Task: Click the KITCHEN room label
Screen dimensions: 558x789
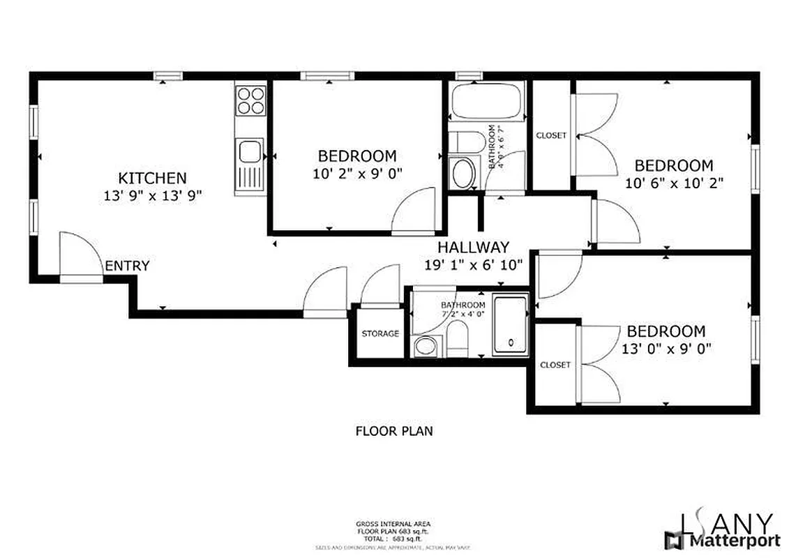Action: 151,178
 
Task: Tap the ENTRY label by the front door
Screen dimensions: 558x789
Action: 127,265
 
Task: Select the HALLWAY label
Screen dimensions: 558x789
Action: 472,247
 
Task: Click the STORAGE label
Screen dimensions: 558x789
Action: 380,333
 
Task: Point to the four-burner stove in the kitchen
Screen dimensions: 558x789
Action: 250,100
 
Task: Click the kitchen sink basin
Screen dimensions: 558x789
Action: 249,151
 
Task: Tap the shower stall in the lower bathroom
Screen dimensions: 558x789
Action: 511,325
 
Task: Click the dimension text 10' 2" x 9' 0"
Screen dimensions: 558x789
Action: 357,174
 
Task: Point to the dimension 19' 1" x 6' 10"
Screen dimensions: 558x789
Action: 472,265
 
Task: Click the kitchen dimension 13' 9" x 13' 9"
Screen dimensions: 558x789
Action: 151,196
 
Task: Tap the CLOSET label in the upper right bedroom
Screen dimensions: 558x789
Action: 551,135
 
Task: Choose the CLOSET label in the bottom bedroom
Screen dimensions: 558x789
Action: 555,365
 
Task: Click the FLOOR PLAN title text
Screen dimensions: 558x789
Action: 394,431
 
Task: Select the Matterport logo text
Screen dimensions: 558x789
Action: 726,540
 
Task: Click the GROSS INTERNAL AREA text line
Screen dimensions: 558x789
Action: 393,524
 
